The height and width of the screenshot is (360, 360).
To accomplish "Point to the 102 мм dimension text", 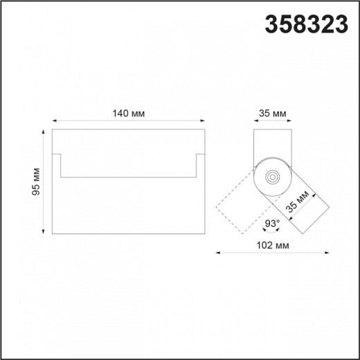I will coord(272,246).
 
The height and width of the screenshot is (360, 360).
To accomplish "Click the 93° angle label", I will coord(272,223).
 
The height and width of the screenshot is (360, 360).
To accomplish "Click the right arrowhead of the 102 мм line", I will coord(327,253).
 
